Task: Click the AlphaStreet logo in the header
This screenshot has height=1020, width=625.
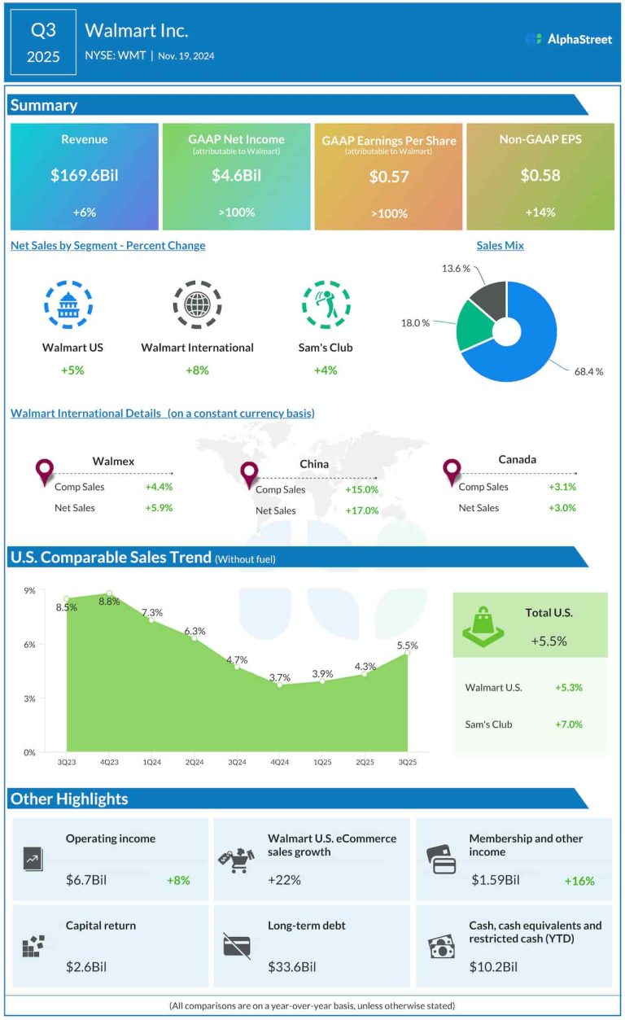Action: (569, 38)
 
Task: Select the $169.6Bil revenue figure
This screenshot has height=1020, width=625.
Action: (85, 176)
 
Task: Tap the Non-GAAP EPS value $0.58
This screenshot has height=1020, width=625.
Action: (540, 176)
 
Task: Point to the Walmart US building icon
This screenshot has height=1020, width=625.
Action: (68, 304)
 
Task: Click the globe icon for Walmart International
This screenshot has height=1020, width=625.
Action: (197, 304)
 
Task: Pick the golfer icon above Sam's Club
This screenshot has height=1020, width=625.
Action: (326, 304)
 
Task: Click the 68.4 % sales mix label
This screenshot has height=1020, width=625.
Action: (588, 371)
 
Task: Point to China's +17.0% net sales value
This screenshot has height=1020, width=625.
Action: (362, 511)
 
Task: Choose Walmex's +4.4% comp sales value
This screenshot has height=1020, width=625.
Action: (159, 487)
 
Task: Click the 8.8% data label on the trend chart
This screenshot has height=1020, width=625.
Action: (109, 602)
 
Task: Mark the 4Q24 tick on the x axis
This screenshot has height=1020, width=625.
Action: (279, 762)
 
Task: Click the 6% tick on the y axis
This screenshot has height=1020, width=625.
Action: (29, 645)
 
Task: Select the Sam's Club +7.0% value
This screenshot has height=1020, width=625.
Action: (569, 725)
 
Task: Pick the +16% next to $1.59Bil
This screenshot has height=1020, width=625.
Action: (579, 881)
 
